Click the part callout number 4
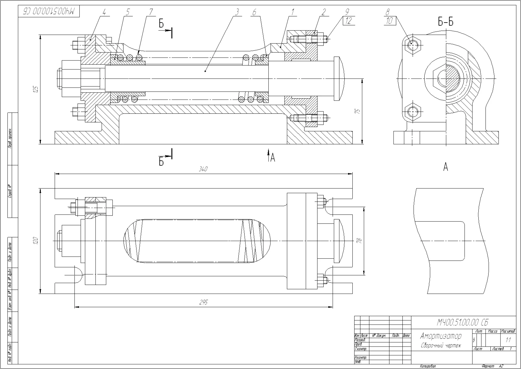104,12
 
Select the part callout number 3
237,12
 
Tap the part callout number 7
151,12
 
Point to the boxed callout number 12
349,21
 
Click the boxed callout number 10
389,21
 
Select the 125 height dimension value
36,89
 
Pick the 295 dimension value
203,302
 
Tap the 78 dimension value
359,240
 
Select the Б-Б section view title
446,22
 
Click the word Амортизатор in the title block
441,336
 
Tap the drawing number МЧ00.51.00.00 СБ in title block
462,323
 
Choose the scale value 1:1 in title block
508,340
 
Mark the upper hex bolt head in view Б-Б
412,45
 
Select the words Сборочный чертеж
441,346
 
